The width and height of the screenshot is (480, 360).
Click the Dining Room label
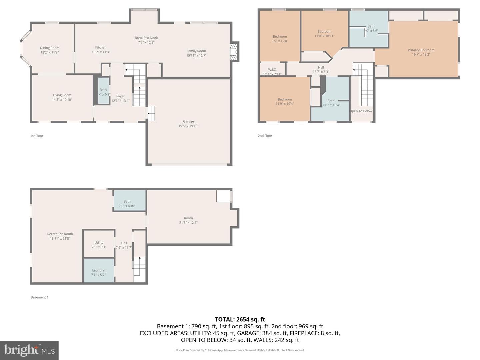(50, 48)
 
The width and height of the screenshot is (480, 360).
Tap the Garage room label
(188, 122)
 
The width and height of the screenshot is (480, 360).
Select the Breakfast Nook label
(146, 38)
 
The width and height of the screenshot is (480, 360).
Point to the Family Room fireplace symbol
(234, 52)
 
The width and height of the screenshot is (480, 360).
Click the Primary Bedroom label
(421, 50)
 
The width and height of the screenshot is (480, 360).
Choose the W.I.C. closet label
(272, 70)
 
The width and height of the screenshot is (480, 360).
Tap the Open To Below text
(361, 111)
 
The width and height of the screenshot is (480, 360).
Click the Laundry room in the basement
(98, 270)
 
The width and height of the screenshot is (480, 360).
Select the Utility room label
(99, 243)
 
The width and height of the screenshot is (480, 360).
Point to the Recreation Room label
(60, 234)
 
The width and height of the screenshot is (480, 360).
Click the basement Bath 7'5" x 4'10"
(127, 204)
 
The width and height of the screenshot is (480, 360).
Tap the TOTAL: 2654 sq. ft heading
(240, 319)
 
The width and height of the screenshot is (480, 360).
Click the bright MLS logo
(29, 350)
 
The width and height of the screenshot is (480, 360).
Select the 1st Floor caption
(37, 136)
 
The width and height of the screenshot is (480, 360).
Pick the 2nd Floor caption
(265, 136)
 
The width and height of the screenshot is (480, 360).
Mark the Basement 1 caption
(39, 297)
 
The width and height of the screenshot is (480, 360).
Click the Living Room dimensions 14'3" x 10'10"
(62, 100)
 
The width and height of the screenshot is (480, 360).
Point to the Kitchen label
(101, 48)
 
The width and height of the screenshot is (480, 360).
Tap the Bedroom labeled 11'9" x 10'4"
(285, 101)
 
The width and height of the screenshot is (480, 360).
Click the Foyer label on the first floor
(120, 96)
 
